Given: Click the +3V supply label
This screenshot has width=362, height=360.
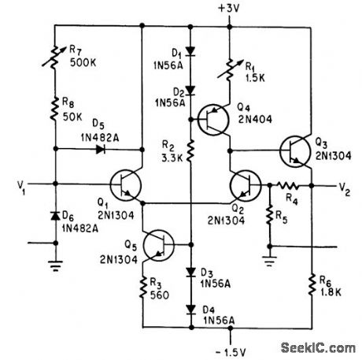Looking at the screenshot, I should [x=229, y=9].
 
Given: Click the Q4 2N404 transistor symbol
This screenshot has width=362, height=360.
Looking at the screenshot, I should [x=210, y=121].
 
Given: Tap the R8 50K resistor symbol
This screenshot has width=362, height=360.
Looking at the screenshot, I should [x=56, y=109].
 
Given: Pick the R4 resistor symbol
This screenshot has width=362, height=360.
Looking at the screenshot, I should [x=290, y=187].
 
